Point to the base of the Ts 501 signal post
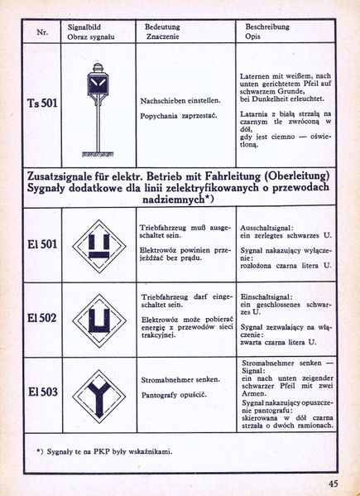click(98, 152)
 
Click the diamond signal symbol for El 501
click(98, 246)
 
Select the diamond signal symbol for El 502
click(98, 319)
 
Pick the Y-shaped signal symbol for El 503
click(98, 392)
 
